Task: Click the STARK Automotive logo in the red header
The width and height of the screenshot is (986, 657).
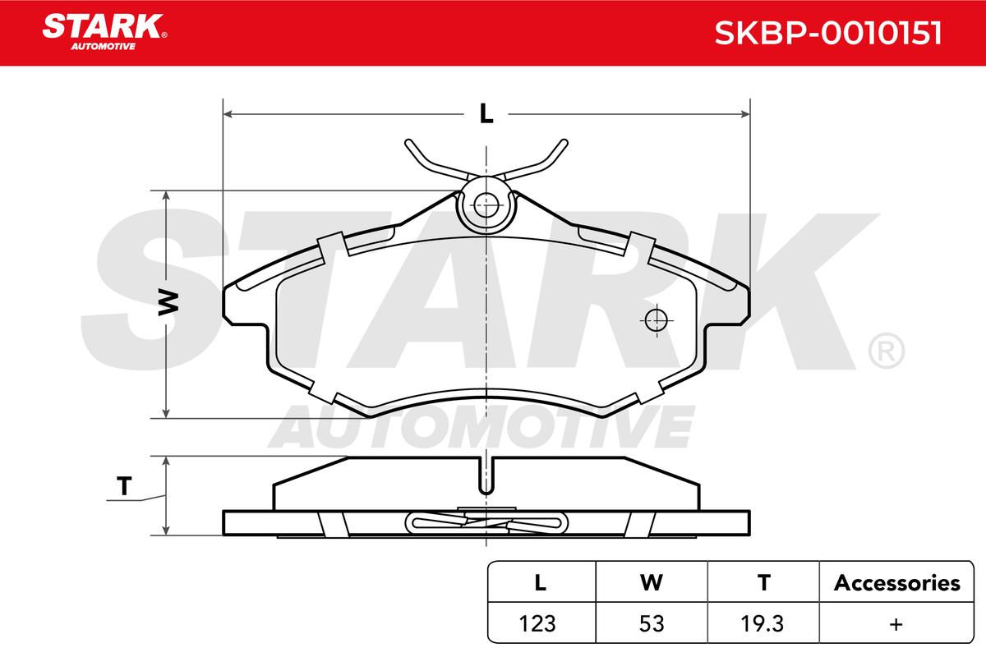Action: point(104,32)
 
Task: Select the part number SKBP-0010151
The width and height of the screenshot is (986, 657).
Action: point(828,33)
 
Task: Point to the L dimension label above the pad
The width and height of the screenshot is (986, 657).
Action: point(486,113)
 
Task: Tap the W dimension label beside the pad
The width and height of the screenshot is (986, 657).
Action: point(168,302)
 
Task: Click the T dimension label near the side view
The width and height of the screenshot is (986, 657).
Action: point(124,486)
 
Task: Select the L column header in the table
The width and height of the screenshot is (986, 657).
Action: point(540,582)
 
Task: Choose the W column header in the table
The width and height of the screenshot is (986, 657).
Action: point(652,582)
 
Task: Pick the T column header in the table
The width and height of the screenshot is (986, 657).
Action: point(763,582)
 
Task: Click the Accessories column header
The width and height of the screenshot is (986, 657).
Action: point(896,582)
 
